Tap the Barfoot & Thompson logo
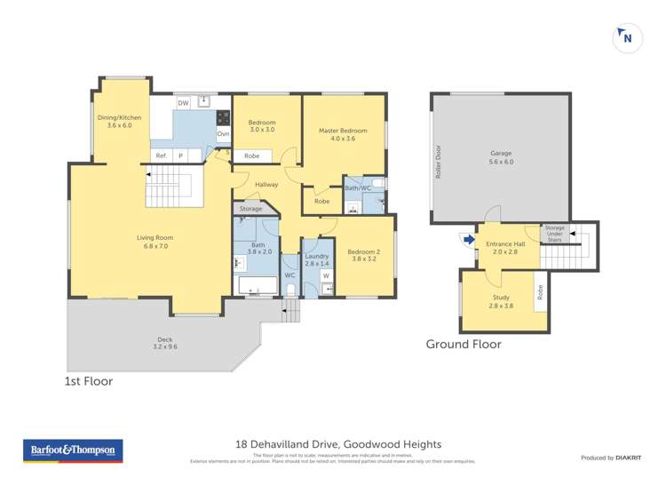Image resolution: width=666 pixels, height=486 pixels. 73,450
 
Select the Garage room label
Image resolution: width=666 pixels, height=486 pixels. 501,157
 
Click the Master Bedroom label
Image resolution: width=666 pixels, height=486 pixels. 343,134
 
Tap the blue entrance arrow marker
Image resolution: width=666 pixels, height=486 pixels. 467,238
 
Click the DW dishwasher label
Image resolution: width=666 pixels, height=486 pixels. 183,104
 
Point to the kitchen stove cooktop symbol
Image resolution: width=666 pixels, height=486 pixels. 223,116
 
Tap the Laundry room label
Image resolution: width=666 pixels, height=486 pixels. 317,259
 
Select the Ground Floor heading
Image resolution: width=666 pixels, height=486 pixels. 464,344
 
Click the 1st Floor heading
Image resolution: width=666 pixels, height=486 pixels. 88,381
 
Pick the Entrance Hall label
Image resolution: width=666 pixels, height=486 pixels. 503,247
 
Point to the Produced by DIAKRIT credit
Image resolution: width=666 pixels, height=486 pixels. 611,458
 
